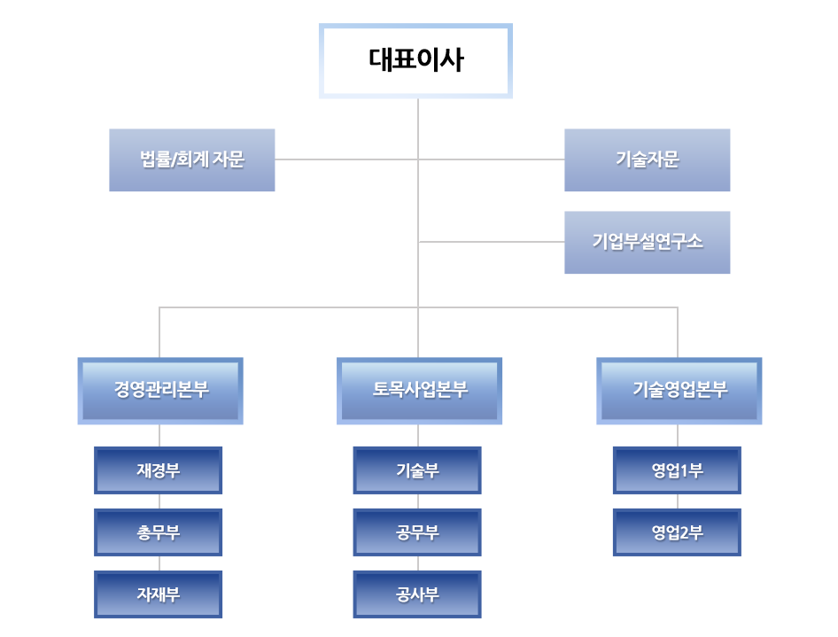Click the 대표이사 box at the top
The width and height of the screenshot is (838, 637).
pyautogui.click(x=416, y=60)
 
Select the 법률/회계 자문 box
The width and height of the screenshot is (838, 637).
pyautogui.click(x=192, y=160)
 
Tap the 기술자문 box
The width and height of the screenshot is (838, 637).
pyautogui.click(x=648, y=160)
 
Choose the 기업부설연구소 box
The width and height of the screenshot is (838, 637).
pyautogui.click(x=648, y=242)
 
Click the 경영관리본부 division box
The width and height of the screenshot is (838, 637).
pyautogui.click(x=160, y=390)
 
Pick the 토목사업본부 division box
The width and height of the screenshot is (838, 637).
pyautogui.click(x=420, y=390)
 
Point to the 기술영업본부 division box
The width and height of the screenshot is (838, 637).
pyautogui.click(x=679, y=390)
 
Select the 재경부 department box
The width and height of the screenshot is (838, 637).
pyautogui.click(x=159, y=470)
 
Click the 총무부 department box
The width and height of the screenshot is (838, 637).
pyautogui.click(x=159, y=532)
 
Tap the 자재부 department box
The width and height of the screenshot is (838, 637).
pyautogui.click(x=159, y=594)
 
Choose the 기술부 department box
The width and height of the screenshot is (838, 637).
pyautogui.click(x=417, y=470)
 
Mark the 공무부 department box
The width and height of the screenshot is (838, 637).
pyautogui.click(x=417, y=532)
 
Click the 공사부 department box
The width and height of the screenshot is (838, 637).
pyautogui.click(x=417, y=594)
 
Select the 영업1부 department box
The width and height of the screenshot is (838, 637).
pyautogui.click(x=677, y=470)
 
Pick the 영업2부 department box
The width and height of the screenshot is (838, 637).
pyautogui.click(x=677, y=532)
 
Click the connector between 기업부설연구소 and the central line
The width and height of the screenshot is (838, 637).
pyautogui.click(x=492, y=242)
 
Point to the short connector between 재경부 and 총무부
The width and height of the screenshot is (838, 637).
pyautogui.click(x=159, y=501)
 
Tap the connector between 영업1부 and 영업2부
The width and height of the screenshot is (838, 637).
pyautogui.click(x=678, y=501)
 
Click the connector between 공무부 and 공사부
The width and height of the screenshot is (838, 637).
pyautogui.click(x=418, y=563)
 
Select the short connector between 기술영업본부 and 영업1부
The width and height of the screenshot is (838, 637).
pyautogui.click(x=679, y=434)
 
